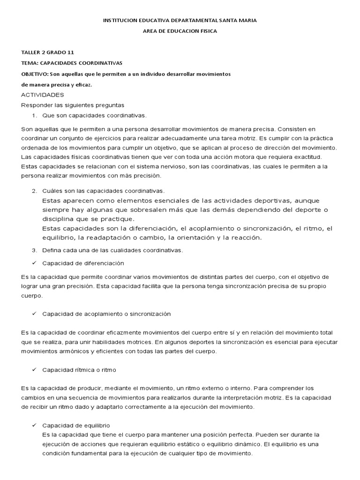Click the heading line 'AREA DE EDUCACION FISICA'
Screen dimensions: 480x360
(x=180, y=31)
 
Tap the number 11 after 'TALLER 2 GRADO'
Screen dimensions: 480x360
(x=71, y=52)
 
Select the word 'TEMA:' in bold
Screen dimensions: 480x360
(x=30, y=63)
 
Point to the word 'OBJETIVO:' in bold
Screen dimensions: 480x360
(x=34, y=75)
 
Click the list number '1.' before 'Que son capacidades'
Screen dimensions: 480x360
(x=34, y=115)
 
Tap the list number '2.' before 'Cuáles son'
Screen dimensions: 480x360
(x=34, y=191)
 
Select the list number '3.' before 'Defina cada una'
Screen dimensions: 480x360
(x=34, y=250)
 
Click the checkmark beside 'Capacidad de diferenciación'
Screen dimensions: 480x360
(x=34, y=263)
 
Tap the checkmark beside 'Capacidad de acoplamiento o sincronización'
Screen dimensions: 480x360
(x=34, y=313)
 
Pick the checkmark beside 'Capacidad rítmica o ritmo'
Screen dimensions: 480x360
(x=34, y=369)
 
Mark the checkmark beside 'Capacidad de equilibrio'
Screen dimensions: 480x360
(x=34, y=425)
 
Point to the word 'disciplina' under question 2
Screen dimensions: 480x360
(x=58, y=218)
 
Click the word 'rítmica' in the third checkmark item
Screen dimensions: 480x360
(x=80, y=370)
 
